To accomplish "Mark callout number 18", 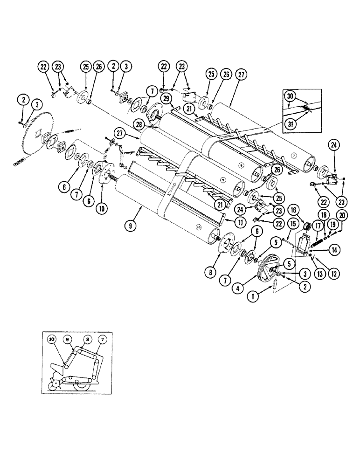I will tap(322, 214).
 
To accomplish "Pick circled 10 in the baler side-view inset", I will tap(51, 339).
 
